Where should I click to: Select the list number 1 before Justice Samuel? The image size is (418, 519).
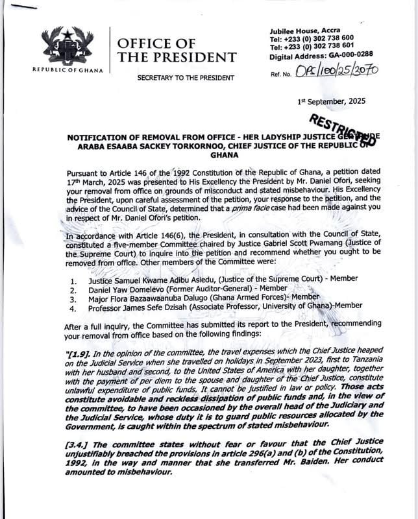(x=73, y=281)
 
